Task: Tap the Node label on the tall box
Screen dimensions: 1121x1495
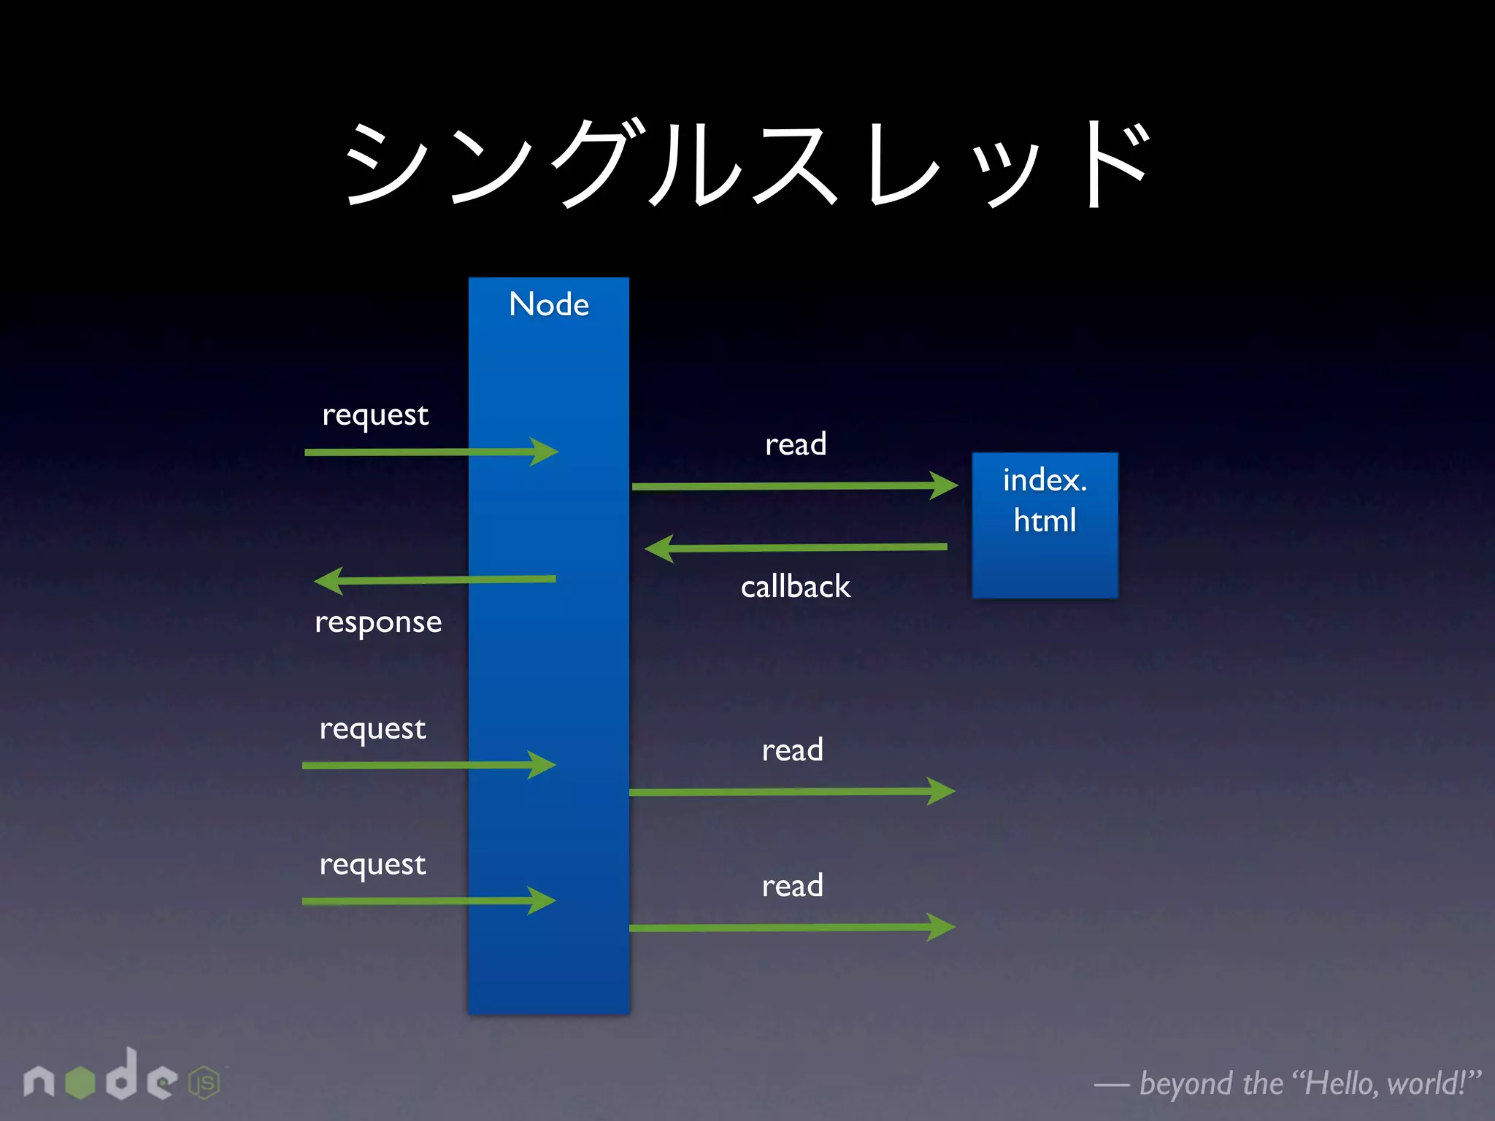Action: pos(549,304)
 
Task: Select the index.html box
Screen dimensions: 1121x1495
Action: pos(1045,525)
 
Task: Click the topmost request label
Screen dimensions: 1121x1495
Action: pos(375,415)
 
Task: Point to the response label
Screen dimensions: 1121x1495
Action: pos(378,623)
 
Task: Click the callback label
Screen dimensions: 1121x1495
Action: pos(796,587)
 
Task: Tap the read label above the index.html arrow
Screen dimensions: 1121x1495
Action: pos(796,444)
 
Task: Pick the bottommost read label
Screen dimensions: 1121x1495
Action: pos(793,886)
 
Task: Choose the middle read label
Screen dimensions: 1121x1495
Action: pos(793,750)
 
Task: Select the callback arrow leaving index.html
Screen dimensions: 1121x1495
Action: pos(796,547)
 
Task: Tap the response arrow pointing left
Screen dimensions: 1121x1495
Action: pos(434,580)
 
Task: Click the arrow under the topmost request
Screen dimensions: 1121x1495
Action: pos(431,452)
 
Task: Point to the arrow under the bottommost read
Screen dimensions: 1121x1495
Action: pos(792,928)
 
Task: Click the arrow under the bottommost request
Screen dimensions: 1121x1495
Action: pos(428,901)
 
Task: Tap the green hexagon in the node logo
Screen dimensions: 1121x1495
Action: pos(80,1082)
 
